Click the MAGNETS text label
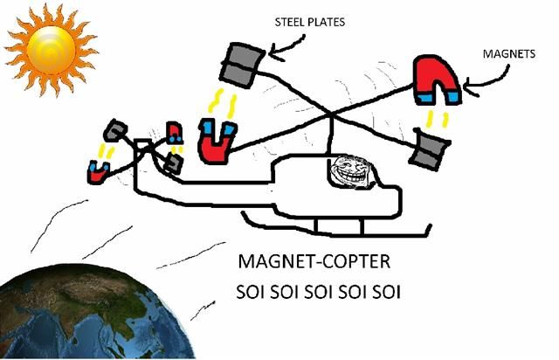click(509, 53)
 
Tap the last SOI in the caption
click(385, 290)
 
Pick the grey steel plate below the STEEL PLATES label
click(241, 61)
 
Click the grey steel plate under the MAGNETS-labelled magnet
click(431, 149)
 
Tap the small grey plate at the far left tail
click(114, 131)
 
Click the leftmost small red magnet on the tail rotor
click(95, 171)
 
